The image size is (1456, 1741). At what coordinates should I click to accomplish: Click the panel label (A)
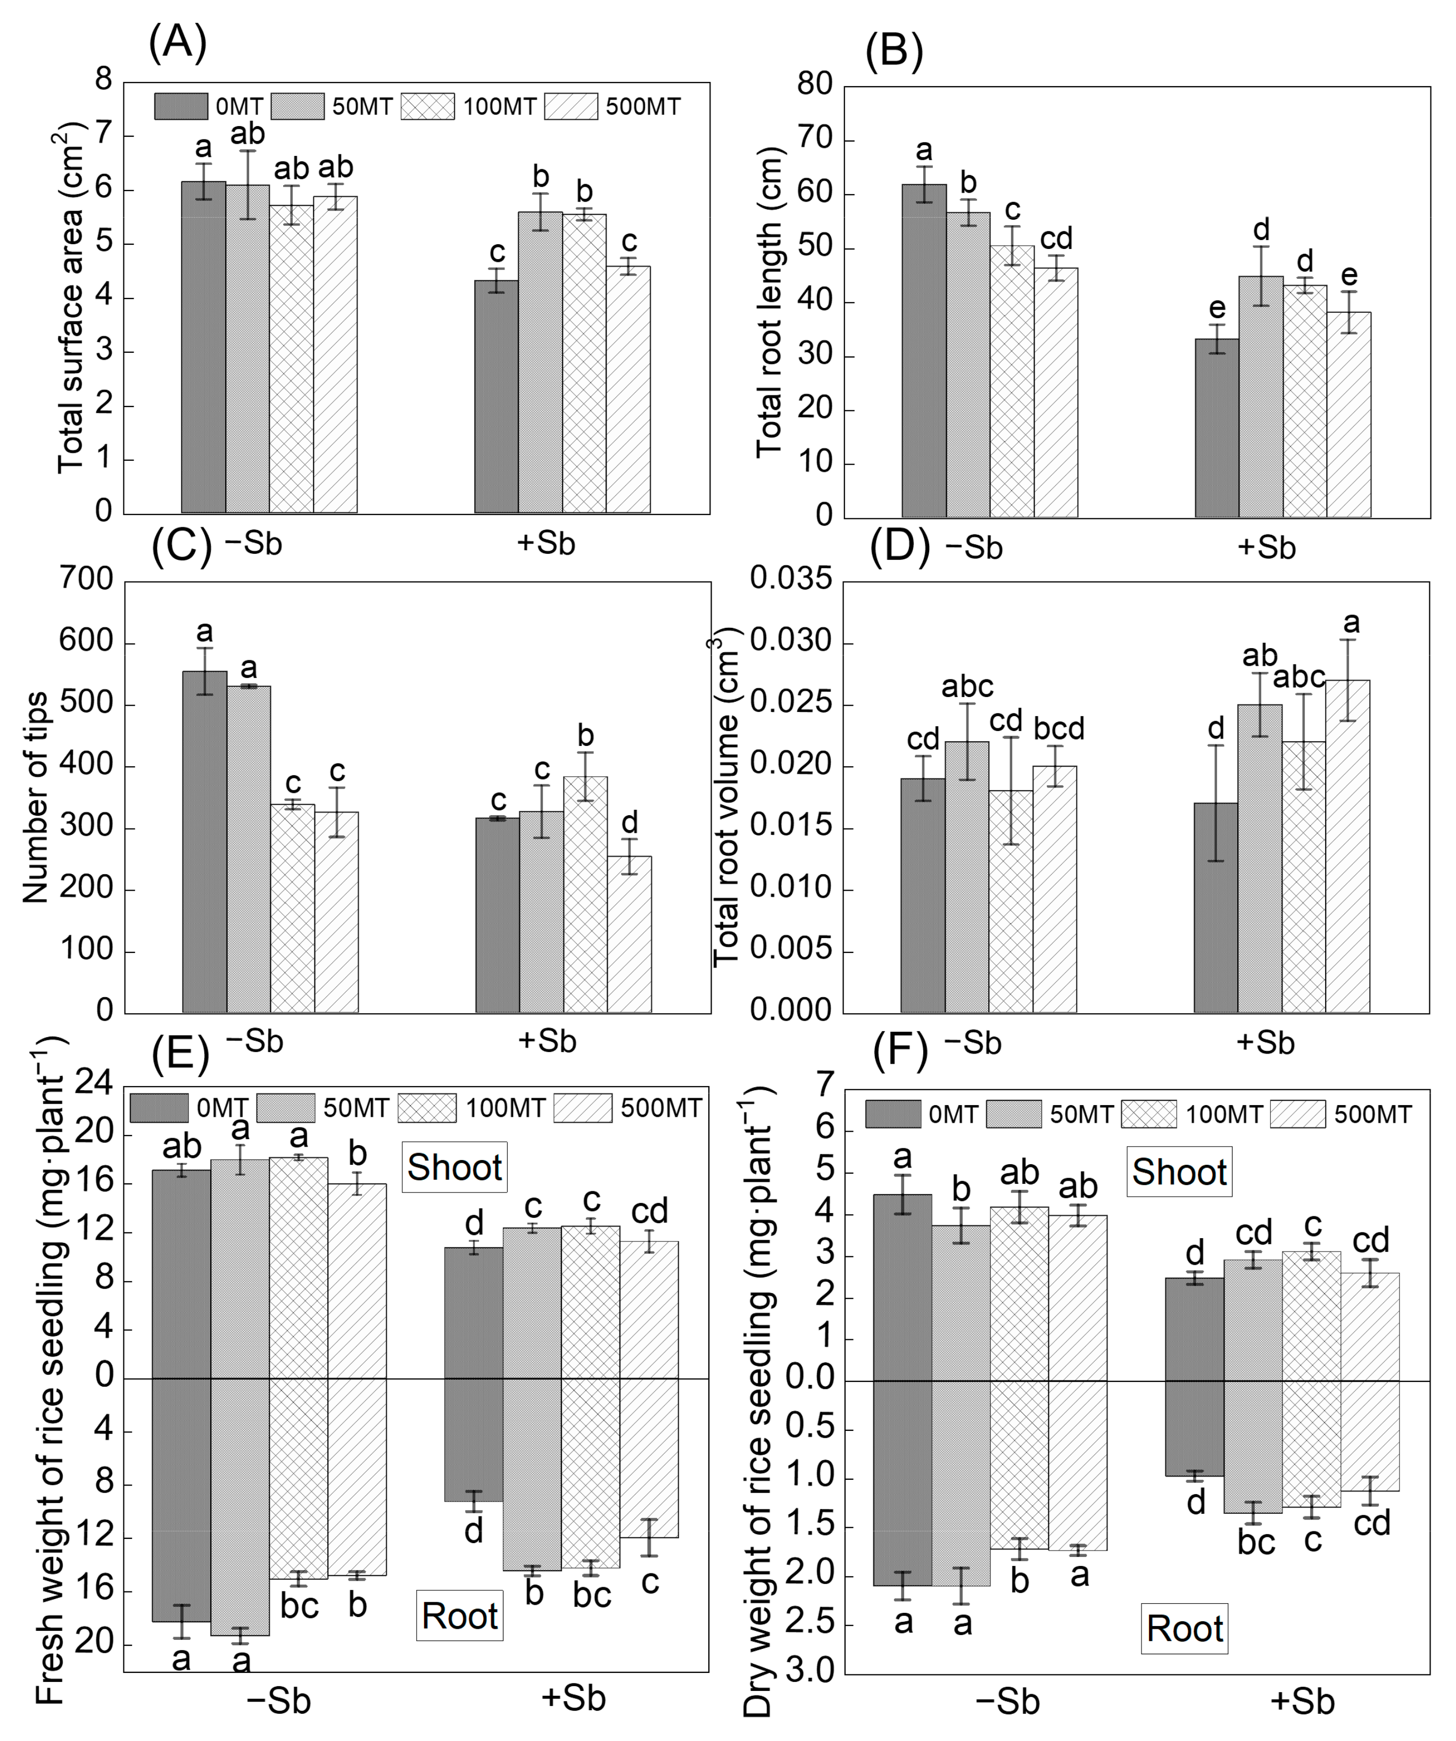click(177, 42)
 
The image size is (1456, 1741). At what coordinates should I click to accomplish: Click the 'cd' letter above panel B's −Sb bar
click(1056, 239)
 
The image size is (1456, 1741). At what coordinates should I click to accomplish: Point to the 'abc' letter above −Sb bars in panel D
click(967, 686)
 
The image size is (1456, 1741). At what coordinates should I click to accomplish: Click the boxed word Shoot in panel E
click(454, 1168)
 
